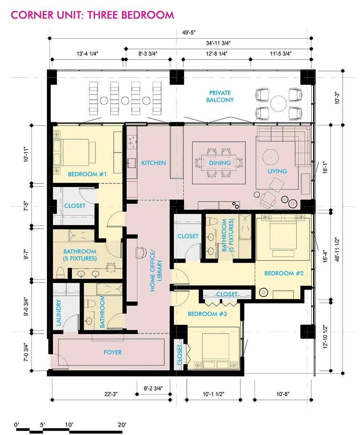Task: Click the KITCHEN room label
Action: (154, 163)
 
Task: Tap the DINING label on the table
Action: (220, 163)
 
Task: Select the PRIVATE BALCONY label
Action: (220, 96)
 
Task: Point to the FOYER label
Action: (112, 352)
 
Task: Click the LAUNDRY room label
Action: (59, 312)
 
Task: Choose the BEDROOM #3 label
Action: (207, 314)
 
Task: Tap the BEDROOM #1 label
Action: (87, 174)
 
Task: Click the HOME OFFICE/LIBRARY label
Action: (156, 271)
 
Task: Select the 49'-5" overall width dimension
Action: (189, 33)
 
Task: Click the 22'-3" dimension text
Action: (111, 394)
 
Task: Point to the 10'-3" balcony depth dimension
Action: (337, 98)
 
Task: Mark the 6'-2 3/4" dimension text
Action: (153, 388)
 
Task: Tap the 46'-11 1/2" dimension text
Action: (337, 249)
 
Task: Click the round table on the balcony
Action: (278, 103)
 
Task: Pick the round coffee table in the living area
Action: (270, 157)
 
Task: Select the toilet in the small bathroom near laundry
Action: (91, 303)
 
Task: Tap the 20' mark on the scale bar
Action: (122, 424)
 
